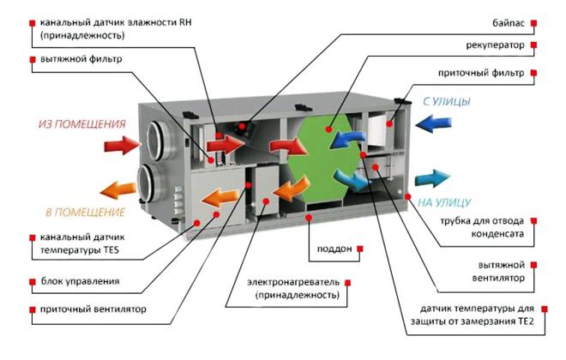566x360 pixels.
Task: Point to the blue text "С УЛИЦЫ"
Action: click(x=446, y=102)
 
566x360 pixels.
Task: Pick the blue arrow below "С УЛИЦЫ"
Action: click(x=431, y=123)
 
